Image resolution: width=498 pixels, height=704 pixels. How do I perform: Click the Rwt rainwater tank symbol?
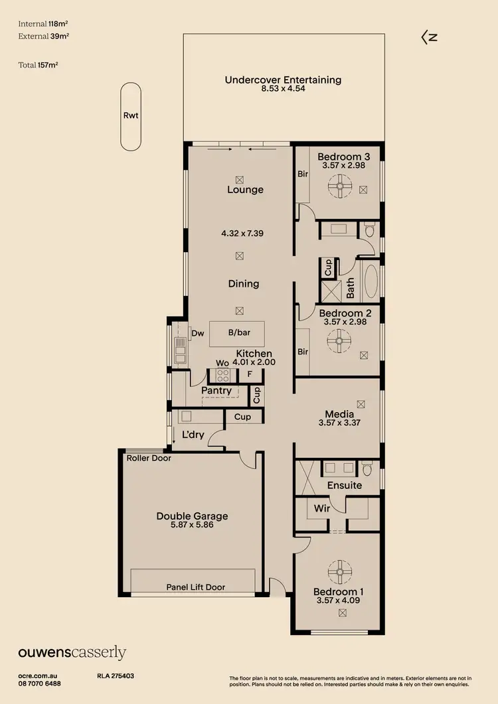pos(131,116)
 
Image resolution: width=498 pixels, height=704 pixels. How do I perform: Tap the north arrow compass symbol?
pos(429,38)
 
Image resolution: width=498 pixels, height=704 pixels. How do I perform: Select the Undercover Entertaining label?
pos(283,80)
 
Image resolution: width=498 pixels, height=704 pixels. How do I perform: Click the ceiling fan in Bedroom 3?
pos(339,186)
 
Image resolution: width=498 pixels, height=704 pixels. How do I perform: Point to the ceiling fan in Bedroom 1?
pos(339,571)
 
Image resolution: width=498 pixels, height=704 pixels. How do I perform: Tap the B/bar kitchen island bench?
pos(236,334)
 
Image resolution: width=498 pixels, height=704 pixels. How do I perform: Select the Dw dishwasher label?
pos(197,334)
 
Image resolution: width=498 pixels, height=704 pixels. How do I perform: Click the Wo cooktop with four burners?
pos(222,376)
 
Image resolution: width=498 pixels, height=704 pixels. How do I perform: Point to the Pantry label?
pos(216,391)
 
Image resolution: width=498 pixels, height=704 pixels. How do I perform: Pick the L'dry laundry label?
pos(193,435)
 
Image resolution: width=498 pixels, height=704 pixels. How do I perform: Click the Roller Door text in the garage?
pos(149,458)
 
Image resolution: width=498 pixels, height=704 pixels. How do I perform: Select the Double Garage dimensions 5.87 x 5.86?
pos(192,525)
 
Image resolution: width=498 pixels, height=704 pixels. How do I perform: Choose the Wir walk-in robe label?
pos(321,509)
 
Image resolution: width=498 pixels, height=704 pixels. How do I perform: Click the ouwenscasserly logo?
pos(72,653)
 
